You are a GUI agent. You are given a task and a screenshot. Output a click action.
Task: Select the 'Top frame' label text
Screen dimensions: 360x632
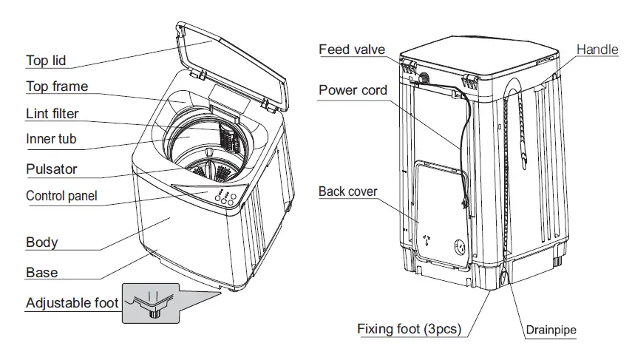(57, 86)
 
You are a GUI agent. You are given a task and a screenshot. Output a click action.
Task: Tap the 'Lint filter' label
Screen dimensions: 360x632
(52, 113)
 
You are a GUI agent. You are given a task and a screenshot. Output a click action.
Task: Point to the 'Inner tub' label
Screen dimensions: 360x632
(51, 139)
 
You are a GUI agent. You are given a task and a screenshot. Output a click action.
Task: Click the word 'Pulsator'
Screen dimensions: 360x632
(51, 169)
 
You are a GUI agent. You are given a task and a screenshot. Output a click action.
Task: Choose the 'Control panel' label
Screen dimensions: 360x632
(61, 196)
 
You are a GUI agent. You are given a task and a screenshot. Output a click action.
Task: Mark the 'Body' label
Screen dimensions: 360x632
(41, 242)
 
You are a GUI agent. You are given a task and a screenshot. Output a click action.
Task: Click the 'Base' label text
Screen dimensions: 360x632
(41, 272)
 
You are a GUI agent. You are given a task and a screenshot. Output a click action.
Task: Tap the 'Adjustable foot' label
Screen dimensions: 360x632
(72, 303)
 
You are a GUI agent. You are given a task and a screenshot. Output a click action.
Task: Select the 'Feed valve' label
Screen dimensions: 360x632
(352, 50)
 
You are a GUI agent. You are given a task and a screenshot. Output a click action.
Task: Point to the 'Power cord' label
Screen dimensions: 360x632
(353, 90)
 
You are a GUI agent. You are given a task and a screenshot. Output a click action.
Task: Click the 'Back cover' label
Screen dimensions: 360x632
(347, 191)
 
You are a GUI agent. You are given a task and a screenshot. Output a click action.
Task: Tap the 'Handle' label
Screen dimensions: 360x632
(597, 50)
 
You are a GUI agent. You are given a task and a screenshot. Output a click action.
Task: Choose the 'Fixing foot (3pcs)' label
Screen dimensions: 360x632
(409, 328)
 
